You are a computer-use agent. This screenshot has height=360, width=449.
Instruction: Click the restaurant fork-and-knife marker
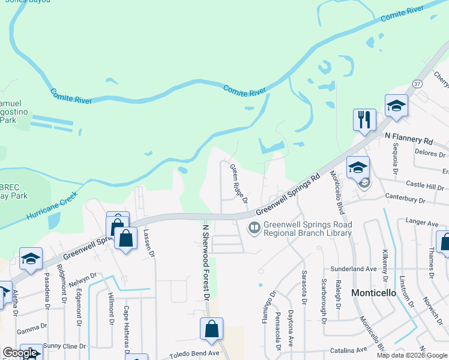pos(364,120)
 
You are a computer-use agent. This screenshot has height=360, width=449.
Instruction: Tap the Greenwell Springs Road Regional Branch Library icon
pos(255,227)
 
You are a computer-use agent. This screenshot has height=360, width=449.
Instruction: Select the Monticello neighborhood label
pos(373,293)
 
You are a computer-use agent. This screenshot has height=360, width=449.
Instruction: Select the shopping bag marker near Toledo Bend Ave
pos(211,329)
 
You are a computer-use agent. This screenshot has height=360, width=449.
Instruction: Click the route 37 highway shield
pos(418,83)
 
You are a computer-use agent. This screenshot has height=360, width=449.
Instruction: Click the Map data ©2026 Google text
pos(411,355)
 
